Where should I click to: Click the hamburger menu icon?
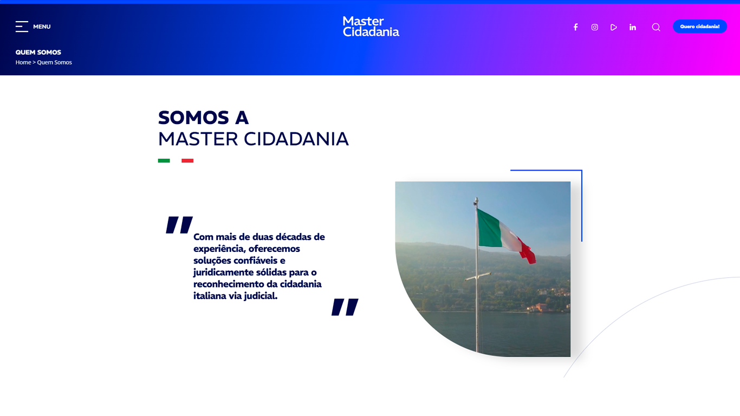click(x=22, y=27)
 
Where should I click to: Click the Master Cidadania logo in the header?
click(x=371, y=27)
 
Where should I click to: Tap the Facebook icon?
click(x=575, y=27)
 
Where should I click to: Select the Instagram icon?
click(x=595, y=27)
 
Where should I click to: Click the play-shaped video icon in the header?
click(x=613, y=27)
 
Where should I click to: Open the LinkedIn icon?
click(x=633, y=27)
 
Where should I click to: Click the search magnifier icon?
click(x=656, y=27)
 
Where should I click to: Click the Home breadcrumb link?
click(x=23, y=62)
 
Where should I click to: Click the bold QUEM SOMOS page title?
click(x=38, y=52)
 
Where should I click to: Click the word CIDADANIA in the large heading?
click(x=296, y=139)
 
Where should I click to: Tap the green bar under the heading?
click(x=164, y=160)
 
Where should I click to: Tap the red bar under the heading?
click(x=187, y=160)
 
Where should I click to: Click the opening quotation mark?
click(x=179, y=225)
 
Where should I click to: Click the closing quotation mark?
click(x=345, y=307)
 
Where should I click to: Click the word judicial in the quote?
click(x=261, y=296)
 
